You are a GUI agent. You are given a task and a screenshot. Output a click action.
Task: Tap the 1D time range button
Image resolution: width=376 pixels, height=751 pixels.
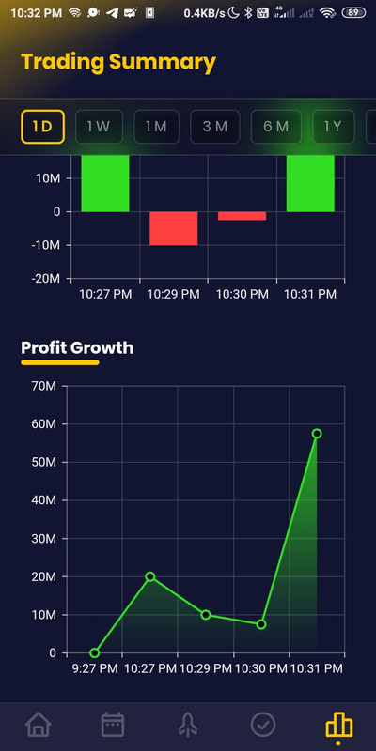[x=43, y=126]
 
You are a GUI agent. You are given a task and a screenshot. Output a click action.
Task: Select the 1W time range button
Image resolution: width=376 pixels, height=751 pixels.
[x=99, y=126]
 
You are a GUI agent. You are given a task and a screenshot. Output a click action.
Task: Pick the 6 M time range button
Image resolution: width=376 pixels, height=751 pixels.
[x=275, y=126]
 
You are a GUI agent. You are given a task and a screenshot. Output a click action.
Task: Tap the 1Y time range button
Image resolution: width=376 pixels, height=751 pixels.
[x=332, y=126]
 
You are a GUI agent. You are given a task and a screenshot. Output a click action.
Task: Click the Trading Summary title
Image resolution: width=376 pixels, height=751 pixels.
[x=118, y=63]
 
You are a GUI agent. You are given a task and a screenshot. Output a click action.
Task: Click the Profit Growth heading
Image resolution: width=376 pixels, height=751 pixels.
[x=77, y=348]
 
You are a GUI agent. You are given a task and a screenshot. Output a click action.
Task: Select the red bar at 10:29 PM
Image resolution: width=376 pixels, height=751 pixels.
[x=174, y=228]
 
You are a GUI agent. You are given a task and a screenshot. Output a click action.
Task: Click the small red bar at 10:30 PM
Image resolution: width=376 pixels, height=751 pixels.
[x=242, y=216]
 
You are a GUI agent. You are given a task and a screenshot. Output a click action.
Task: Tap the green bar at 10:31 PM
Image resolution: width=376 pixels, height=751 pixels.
[x=310, y=183]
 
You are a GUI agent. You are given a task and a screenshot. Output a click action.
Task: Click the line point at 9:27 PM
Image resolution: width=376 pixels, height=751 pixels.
[x=94, y=652]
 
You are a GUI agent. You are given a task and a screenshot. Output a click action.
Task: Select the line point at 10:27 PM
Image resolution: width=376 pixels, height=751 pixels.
[x=150, y=576]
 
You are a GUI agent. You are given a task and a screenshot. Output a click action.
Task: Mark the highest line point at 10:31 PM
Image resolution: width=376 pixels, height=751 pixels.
[x=317, y=434]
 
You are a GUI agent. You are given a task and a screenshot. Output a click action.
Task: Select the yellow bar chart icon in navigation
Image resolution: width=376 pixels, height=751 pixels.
[x=337, y=726]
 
